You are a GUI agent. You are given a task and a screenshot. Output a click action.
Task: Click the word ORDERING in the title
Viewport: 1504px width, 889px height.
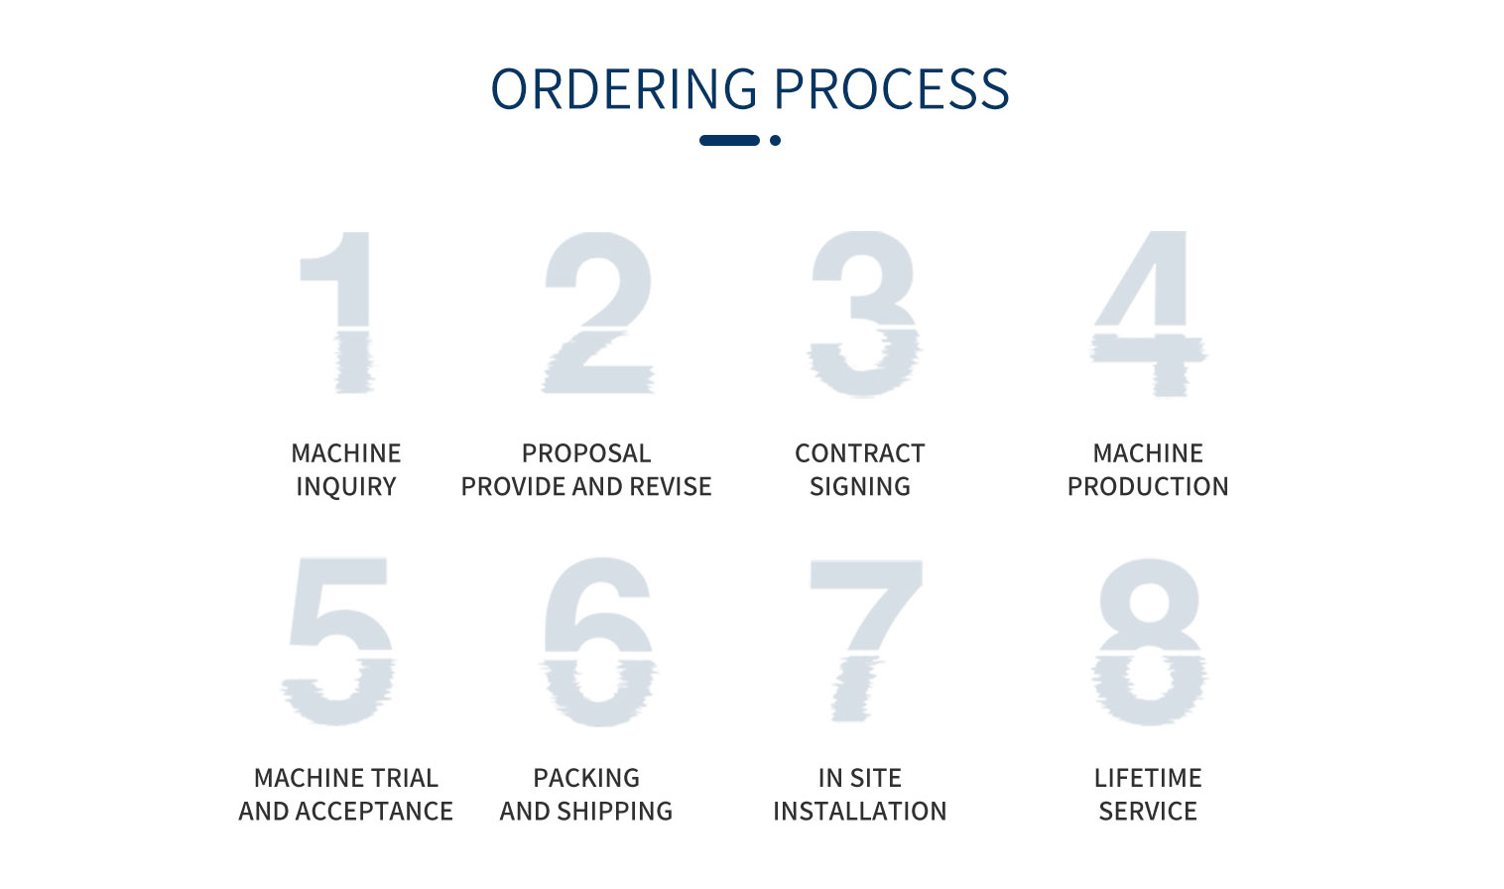point(624,88)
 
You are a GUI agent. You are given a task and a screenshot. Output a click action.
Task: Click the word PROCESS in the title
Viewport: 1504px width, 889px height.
point(892,88)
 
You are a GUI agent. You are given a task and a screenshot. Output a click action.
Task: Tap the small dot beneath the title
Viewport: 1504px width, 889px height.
point(775,140)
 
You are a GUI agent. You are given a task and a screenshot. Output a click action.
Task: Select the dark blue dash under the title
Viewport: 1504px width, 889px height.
point(729,140)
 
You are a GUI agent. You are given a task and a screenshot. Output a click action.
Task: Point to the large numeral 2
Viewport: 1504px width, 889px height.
point(597,313)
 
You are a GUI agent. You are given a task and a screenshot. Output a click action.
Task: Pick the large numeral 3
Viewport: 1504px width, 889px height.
point(863,314)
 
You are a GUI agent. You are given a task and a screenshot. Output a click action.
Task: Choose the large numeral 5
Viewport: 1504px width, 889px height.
point(338,641)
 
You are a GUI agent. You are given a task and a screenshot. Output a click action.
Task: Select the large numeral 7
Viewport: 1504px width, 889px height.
point(866,639)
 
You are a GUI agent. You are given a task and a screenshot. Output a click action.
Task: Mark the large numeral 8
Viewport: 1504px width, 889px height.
point(1150,641)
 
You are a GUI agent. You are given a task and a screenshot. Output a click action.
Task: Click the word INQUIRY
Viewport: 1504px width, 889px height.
point(346,487)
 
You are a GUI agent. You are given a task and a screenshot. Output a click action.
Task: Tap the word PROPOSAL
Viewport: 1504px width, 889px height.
point(586,453)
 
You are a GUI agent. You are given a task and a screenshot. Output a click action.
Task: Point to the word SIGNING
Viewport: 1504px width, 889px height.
point(859,487)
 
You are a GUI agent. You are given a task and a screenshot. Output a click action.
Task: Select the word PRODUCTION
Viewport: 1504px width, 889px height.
point(1148,487)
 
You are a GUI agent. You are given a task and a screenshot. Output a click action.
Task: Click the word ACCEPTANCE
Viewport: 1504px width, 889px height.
point(374,811)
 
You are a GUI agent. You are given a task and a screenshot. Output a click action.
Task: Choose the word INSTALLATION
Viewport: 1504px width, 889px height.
point(859,811)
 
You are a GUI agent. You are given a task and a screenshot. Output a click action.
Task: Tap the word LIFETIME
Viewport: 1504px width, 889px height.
point(1148,778)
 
